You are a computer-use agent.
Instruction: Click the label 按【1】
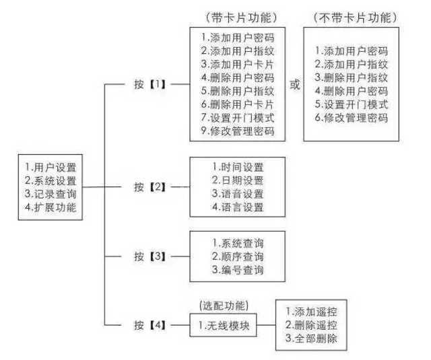pos(150,86)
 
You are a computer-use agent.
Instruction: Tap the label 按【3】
pos(150,256)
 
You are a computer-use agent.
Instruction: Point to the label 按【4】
pos(150,324)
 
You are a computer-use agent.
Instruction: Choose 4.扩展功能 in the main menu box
pos(50,206)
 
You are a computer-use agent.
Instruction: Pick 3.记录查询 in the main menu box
pos(50,193)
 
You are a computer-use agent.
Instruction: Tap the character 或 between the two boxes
pos(294,86)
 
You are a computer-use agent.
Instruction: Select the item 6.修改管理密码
pos(351,118)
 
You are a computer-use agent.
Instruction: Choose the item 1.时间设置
pos(238,167)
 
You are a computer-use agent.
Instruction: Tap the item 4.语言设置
pos(238,206)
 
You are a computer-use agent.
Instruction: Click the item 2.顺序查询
pos(238,256)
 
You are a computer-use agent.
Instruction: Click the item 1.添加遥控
pos(312,312)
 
